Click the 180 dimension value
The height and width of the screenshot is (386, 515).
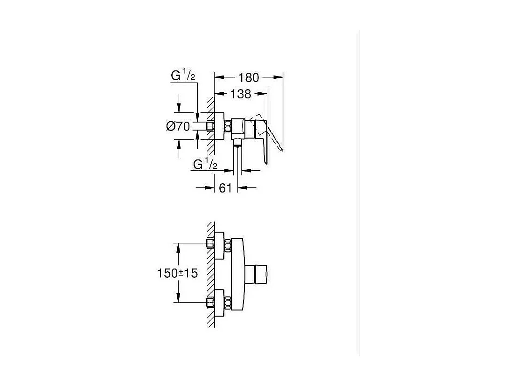[x=249, y=77]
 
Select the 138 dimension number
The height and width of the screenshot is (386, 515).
[x=241, y=94]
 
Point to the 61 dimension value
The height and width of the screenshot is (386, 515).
[x=225, y=188]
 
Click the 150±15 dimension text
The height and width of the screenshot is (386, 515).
[x=177, y=273]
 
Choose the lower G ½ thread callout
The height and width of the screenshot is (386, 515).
[x=206, y=164]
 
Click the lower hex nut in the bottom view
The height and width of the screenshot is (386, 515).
[x=228, y=303]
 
